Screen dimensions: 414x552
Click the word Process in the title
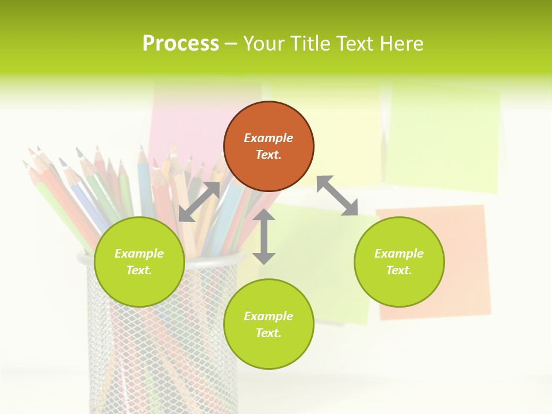coord(181,44)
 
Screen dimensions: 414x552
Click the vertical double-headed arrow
coord(264,236)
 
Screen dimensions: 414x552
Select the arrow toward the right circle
coord(337,195)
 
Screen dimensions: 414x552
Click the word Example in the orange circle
coord(269,138)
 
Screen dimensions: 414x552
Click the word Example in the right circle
coord(399,254)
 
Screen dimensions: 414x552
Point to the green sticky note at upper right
coord(443,138)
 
